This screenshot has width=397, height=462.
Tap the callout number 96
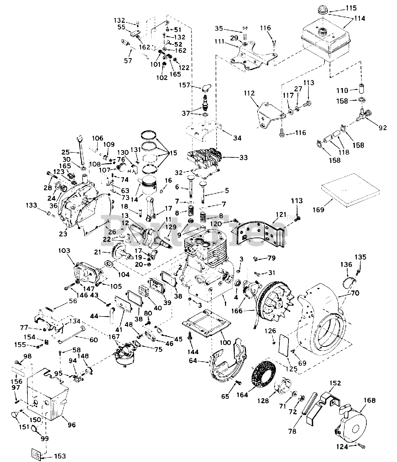point(72,425)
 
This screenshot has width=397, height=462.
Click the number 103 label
point(66,250)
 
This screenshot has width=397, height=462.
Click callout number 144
point(190,350)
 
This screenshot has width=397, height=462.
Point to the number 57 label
point(128,61)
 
